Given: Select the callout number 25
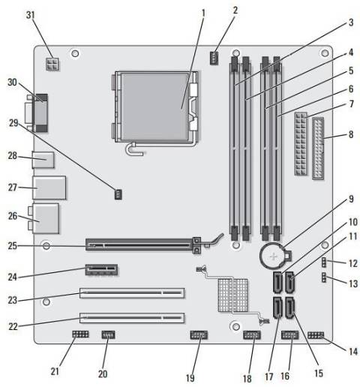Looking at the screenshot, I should tap(11, 245).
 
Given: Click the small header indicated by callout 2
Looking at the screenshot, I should tap(215, 57).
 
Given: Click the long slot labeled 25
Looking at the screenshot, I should tap(142, 244).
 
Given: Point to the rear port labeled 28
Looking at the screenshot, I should tap(44, 158).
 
